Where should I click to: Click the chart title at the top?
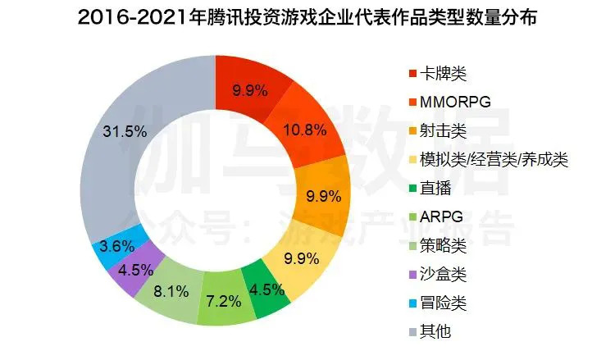(x=307, y=18)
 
